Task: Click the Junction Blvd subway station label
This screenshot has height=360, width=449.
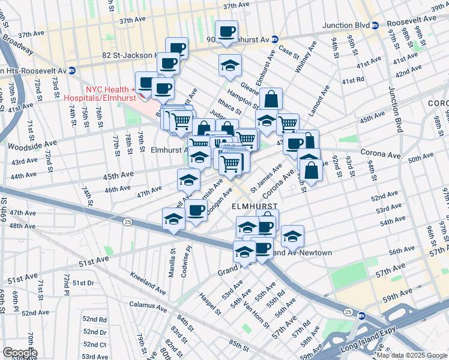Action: tap(345, 25)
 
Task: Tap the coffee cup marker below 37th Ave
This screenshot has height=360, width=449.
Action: tap(226, 31)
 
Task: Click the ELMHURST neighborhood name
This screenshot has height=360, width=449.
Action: tap(255, 205)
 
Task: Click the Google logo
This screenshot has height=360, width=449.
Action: tap(20, 353)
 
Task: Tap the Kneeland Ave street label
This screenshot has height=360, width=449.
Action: tap(148, 283)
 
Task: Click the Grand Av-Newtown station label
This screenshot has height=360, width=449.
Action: tap(303, 253)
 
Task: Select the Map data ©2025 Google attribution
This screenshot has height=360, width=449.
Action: tap(411, 355)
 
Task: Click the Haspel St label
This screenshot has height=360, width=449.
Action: tap(211, 304)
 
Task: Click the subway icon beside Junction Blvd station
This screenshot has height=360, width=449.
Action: tap(375, 25)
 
